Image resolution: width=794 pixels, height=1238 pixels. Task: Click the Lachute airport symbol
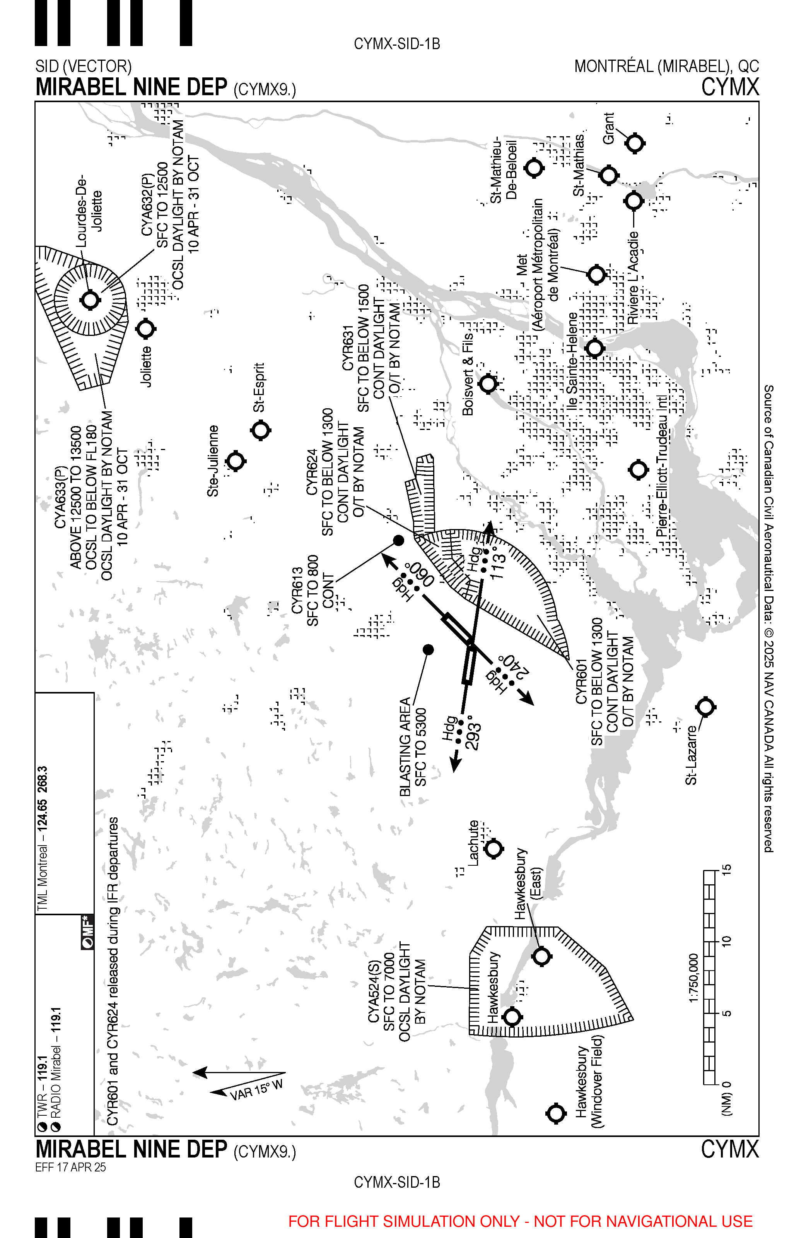pyautogui.click(x=494, y=849)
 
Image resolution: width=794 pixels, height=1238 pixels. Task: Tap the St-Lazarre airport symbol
pyautogui.click(x=705, y=707)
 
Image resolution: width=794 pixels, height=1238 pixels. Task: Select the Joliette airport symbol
pyautogui.click(x=146, y=329)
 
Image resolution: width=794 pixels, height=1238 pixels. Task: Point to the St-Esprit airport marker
pyautogui.click(x=260, y=430)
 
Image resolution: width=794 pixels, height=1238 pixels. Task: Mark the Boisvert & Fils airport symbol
pyautogui.click(x=488, y=384)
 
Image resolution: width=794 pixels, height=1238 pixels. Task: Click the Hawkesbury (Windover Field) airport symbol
pyautogui.click(x=556, y=1113)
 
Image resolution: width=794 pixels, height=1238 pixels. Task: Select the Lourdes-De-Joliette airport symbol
pyautogui.click(x=90, y=300)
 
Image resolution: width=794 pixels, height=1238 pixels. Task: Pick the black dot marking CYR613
pyautogui.click(x=398, y=541)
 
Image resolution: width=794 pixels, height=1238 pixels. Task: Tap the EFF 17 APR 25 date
pyautogui.click(x=71, y=1167)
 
